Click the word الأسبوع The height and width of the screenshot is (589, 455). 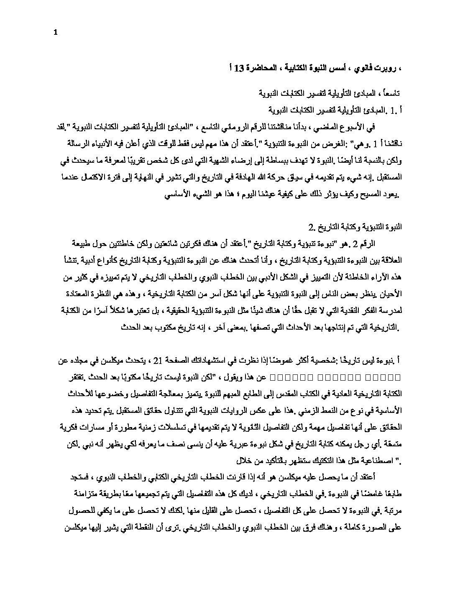click(362, 126)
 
